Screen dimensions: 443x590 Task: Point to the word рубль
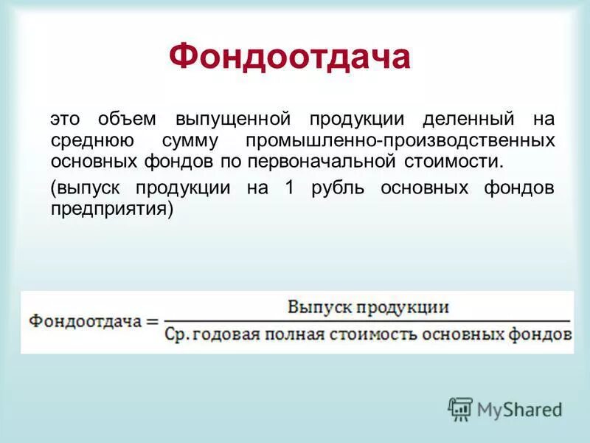[x=336, y=188]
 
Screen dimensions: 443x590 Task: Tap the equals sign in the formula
[x=153, y=323]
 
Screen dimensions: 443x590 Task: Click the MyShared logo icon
[x=460, y=408]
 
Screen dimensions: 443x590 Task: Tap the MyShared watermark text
[x=520, y=409]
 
